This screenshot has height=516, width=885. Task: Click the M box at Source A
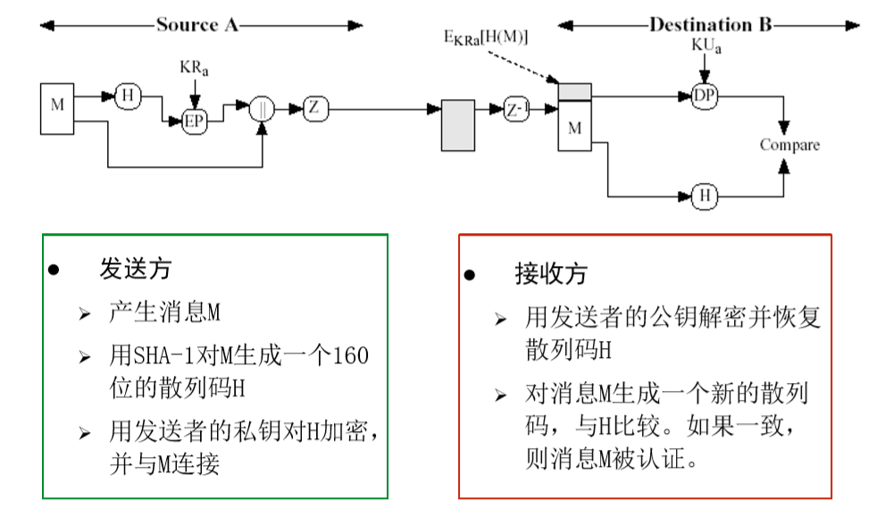point(57,108)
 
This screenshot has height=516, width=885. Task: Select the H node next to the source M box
point(128,96)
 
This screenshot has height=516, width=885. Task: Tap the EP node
point(194,122)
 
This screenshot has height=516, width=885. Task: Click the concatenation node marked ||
point(262,108)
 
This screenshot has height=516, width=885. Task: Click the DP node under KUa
point(705,96)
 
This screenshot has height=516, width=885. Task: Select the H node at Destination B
point(705,195)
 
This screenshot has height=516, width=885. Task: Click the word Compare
point(789,145)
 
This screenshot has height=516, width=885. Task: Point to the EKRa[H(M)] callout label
point(486,38)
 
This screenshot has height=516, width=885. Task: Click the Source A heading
point(197,25)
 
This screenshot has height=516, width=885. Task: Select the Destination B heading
point(710,25)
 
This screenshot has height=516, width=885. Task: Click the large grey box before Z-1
point(458,124)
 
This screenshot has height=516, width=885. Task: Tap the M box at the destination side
point(574,128)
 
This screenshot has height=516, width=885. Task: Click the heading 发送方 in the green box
point(135,268)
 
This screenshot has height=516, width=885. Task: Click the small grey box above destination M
point(574,89)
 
